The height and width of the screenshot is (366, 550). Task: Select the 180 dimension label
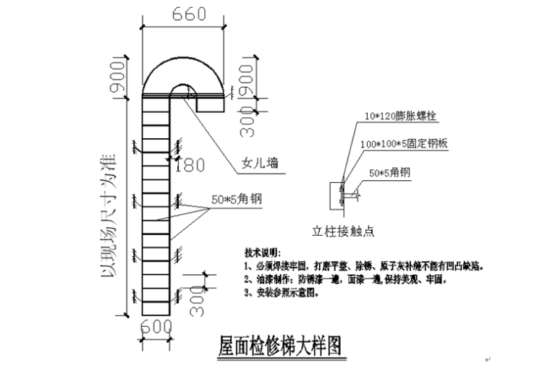190,165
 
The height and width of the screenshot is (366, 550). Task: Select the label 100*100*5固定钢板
405,144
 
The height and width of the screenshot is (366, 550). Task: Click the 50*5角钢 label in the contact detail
390,173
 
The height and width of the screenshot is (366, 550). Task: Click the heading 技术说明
261,253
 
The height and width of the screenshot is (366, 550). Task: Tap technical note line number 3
282,292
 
